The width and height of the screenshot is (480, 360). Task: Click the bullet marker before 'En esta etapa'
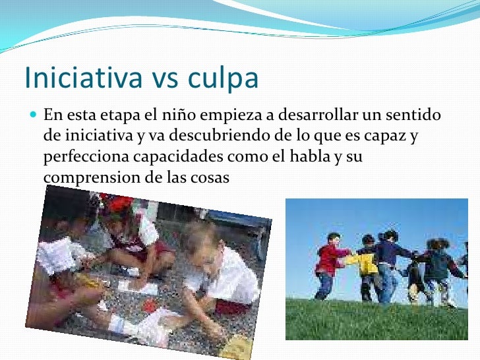pyautogui.click(x=34, y=116)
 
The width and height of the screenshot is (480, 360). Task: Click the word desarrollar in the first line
pyautogui.click(x=316, y=117)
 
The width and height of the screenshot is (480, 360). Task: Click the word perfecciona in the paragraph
pyautogui.click(x=83, y=158)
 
